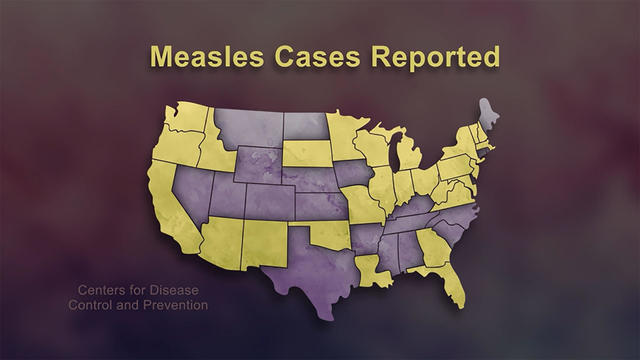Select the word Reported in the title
(x=435, y=57)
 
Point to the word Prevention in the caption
(x=166, y=304)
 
